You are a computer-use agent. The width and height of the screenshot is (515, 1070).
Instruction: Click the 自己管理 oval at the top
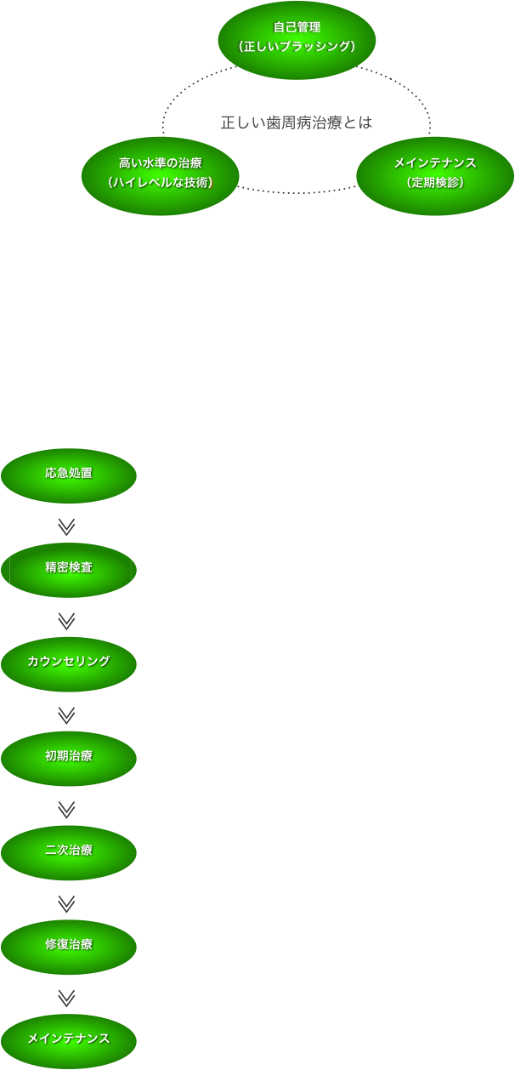click(x=297, y=39)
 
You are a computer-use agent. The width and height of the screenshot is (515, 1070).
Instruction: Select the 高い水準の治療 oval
click(x=160, y=176)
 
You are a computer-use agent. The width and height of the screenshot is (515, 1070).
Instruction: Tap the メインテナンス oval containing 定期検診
click(x=434, y=176)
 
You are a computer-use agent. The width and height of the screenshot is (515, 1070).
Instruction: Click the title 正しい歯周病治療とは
click(x=297, y=122)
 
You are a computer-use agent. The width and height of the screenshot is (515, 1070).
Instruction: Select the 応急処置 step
click(x=69, y=475)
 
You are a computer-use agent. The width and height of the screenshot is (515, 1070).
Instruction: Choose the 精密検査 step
click(x=69, y=568)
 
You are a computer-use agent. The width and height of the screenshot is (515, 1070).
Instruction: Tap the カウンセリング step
click(x=69, y=663)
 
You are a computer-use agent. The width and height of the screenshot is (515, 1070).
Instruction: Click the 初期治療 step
click(x=69, y=757)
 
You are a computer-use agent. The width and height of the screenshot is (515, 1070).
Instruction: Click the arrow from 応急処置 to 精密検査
click(x=67, y=526)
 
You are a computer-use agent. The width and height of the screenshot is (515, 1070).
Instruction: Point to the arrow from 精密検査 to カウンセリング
click(x=67, y=621)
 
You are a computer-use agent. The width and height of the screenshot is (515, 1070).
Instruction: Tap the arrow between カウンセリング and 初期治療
click(x=67, y=714)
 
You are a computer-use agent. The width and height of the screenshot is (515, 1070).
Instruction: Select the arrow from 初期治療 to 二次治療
click(x=67, y=809)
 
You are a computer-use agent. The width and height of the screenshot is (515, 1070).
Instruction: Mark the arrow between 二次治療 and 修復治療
click(x=67, y=903)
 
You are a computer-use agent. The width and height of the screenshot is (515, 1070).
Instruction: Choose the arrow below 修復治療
click(x=67, y=997)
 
